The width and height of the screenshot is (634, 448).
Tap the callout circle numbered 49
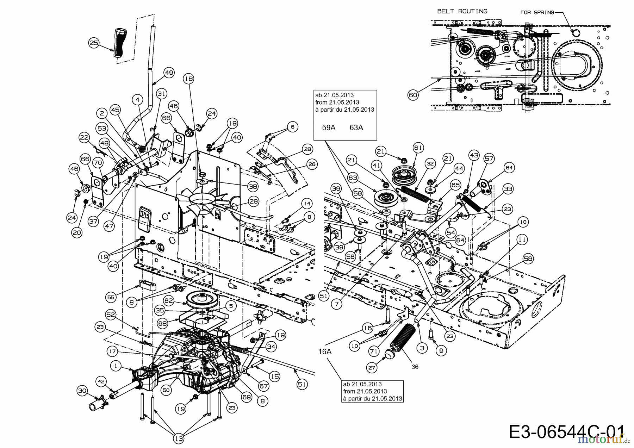click(x=169, y=73)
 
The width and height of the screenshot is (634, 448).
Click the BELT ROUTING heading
click(x=462, y=11)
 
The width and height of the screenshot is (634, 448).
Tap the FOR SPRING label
click(x=537, y=13)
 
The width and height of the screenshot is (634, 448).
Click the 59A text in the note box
click(x=329, y=127)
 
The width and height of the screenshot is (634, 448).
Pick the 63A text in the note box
click(x=356, y=127)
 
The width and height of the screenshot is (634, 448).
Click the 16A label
click(x=325, y=351)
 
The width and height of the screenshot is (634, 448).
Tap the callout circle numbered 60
click(x=413, y=95)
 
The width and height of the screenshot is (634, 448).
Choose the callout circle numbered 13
click(x=179, y=438)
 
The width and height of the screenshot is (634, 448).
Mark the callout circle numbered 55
click(x=111, y=297)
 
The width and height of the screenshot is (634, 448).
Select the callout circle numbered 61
click(x=418, y=148)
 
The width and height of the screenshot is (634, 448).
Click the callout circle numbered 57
click(x=489, y=159)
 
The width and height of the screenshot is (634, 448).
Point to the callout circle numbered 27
click(x=372, y=368)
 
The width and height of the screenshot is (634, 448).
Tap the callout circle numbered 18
click(x=189, y=79)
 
